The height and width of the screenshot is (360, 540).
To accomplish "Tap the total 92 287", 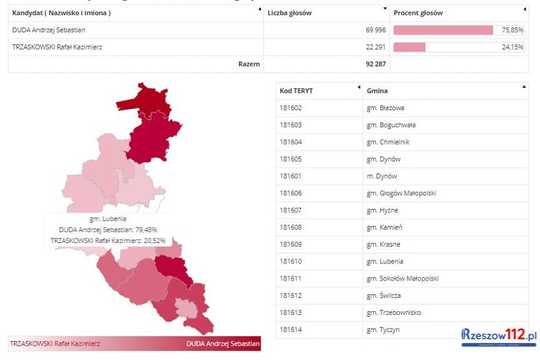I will click(370, 64).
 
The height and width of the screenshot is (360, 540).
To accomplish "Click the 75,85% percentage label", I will click(512, 30).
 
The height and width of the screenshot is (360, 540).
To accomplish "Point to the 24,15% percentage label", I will click(512, 47).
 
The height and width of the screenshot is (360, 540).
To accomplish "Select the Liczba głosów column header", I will click(289, 13).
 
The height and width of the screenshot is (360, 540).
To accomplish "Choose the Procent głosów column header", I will click(418, 13).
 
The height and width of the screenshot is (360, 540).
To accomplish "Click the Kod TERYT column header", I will click(296, 91).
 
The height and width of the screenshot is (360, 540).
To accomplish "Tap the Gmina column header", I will click(377, 91).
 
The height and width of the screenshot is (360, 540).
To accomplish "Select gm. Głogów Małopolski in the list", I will click(401, 193).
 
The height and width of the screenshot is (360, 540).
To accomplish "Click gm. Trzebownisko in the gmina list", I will click(394, 312).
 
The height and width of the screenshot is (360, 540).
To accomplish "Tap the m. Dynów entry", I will click(382, 177).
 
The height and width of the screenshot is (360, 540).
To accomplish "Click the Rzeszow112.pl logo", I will click(499, 336).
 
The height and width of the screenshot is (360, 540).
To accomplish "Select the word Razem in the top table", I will click(249, 64).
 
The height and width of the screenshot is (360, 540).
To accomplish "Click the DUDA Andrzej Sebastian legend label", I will click(222, 344).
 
